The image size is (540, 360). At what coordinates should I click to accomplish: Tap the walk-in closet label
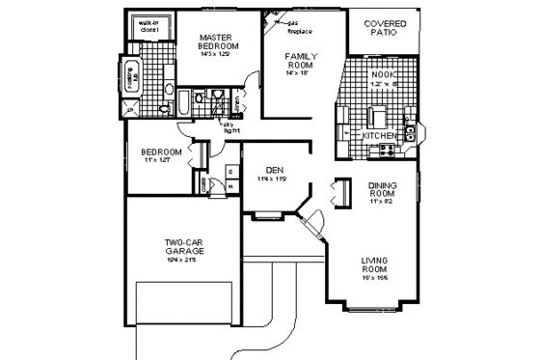[148, 26]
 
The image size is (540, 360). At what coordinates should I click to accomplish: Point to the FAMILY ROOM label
[301, 63]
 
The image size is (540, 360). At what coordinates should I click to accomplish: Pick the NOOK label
[382, 73]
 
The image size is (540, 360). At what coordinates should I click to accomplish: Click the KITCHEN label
[379, 136]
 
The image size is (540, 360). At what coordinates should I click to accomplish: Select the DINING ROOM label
[383, 194]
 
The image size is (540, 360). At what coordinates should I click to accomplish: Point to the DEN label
[275, 170]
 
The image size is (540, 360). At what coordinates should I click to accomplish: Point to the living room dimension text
[374, 278]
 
